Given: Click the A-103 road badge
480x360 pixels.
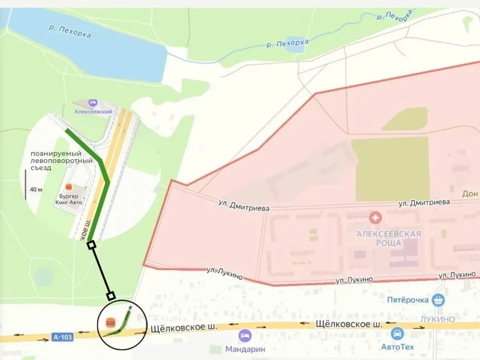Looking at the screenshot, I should (62, 337).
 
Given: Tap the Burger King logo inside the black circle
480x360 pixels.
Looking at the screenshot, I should (110, 322).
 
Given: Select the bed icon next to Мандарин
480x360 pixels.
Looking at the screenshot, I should (244, 334).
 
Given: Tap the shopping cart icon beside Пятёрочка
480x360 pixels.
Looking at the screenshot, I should (438, 300).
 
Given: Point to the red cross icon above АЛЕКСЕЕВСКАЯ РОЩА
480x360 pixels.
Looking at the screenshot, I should (374, 217).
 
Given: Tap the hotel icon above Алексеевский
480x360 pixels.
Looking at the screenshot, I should (92, 103).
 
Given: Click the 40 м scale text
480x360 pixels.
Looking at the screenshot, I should (36, 189).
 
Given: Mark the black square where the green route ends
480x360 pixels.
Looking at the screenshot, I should (91, 244).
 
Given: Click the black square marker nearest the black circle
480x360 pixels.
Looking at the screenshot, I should (111, 295).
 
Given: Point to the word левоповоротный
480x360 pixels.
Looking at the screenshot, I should (61, 160).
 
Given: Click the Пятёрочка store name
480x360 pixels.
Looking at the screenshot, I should (408, 300).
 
